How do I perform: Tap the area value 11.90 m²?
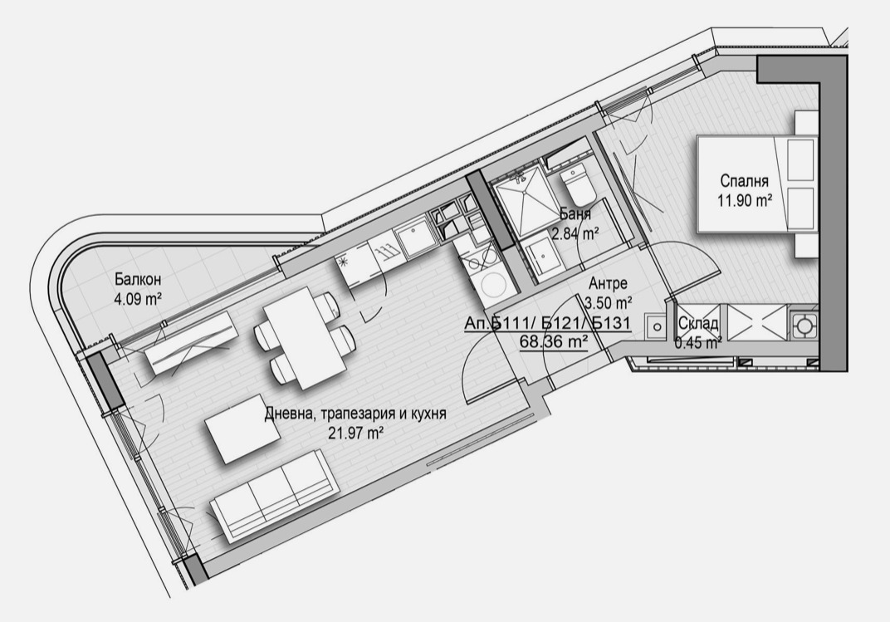point(745,200)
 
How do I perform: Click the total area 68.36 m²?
point(554,342)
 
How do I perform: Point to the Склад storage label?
point(698,324)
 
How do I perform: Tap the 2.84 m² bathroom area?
point(576,233)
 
